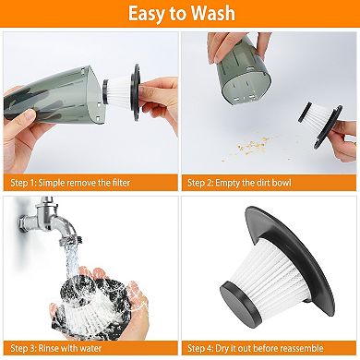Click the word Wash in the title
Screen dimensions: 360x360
[210, 14]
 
